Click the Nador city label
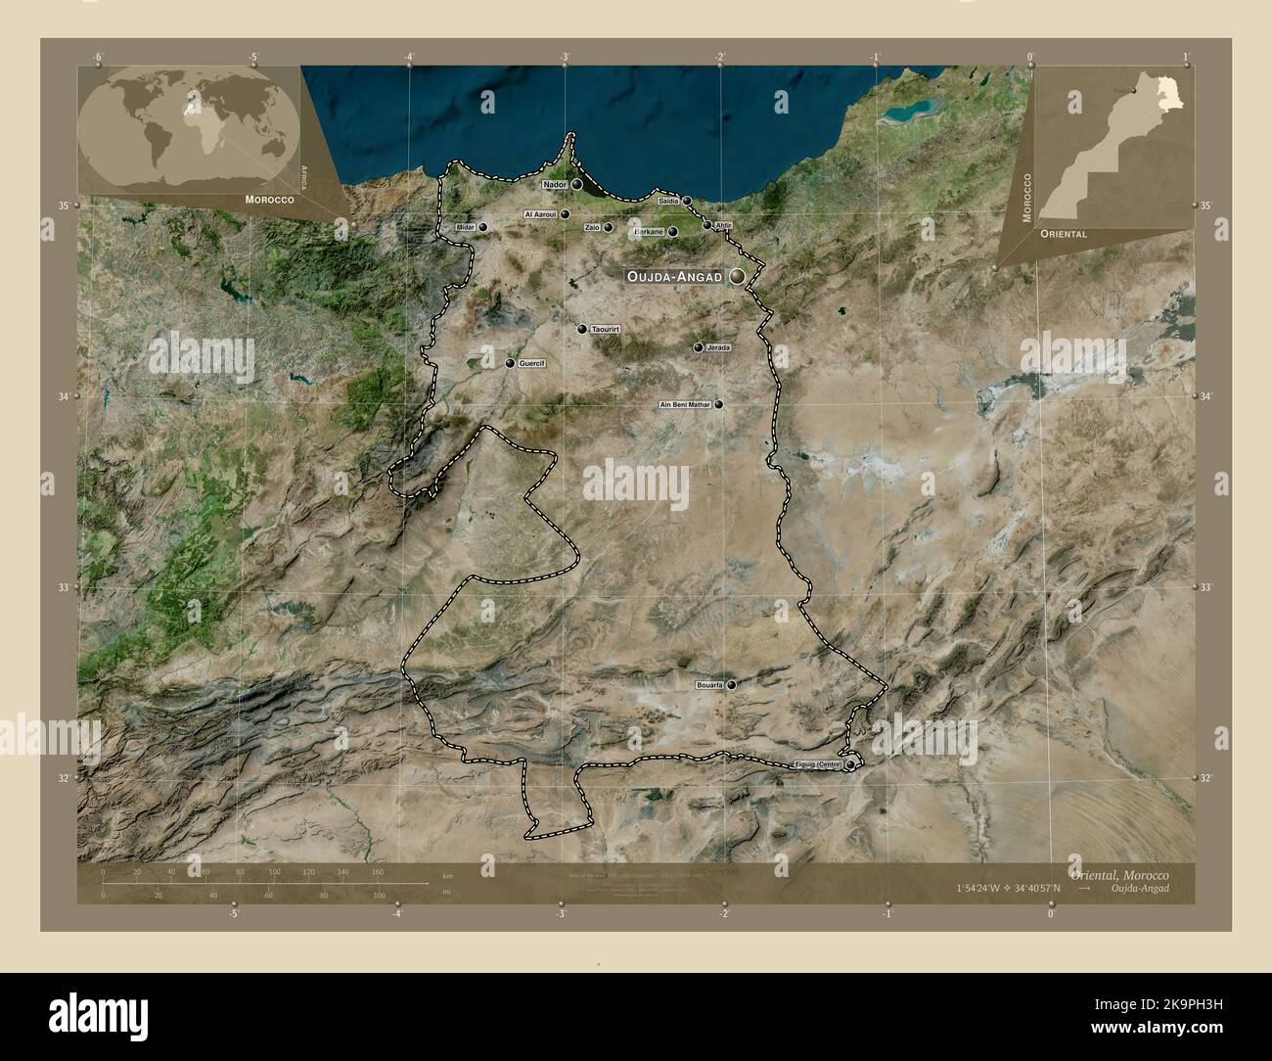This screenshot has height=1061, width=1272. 554,184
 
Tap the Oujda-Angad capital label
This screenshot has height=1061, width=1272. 675,277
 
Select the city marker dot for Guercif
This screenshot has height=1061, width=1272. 510,363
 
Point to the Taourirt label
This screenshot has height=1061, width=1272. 607,330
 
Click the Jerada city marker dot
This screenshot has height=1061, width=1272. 699,347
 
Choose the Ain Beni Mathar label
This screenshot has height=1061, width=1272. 685,404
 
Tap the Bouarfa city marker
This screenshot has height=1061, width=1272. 732,685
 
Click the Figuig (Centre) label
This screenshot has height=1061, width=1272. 817,764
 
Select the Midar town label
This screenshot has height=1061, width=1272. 466,227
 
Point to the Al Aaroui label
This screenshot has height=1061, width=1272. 540,214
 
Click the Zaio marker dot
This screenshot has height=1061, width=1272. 609,228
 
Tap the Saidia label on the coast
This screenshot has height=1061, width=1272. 669,201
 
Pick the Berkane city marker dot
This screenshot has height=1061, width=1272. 673,232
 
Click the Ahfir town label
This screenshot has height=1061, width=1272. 723,225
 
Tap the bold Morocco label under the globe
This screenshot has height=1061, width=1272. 265,199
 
